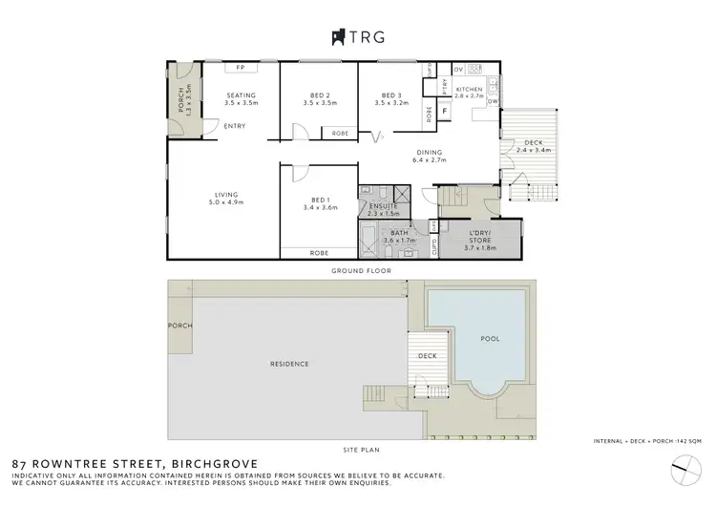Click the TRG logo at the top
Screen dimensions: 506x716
358,37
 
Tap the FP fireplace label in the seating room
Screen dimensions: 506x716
241,69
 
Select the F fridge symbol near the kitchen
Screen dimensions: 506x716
445,112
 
